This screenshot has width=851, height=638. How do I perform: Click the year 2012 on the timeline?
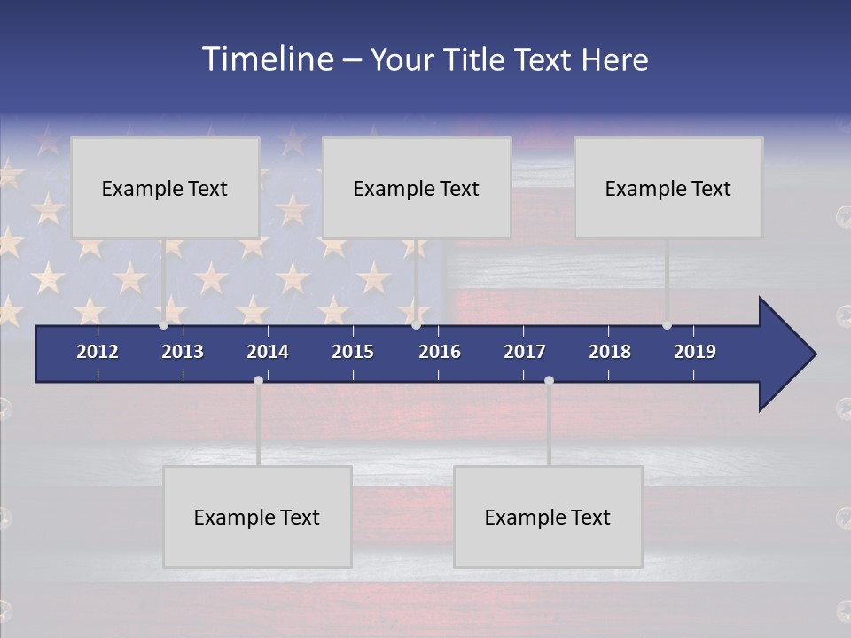tap(98, 352)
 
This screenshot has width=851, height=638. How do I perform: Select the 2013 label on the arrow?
tap(183, 352)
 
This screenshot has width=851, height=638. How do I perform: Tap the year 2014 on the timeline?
tap(268, 352)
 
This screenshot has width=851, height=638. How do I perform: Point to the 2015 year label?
tap(353, 352)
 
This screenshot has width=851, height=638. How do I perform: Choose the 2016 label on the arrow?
tap(440, 352)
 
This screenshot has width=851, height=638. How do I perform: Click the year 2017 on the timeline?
tap(525, 352)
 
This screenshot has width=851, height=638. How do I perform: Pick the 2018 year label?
tap(610, 352)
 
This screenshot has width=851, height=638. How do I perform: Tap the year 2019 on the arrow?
tap(695, 352)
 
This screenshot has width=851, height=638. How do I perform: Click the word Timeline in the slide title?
tap(267, 59)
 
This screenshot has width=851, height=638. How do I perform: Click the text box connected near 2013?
tap(165, 188)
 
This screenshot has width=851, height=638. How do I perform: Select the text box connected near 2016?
tap(417, 188)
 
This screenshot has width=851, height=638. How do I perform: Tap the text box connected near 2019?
tap(668, 188)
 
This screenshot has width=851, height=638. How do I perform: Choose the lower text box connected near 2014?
tap(257, 517)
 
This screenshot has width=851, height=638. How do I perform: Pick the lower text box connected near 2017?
tap(548, 517)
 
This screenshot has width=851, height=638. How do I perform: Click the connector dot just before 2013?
tap(164, 325)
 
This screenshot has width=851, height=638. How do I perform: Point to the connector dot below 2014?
tap(258, 380)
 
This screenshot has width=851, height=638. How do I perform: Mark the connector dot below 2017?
tap(549, 380)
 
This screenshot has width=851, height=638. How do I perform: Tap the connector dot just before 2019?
tap(667, 325)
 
